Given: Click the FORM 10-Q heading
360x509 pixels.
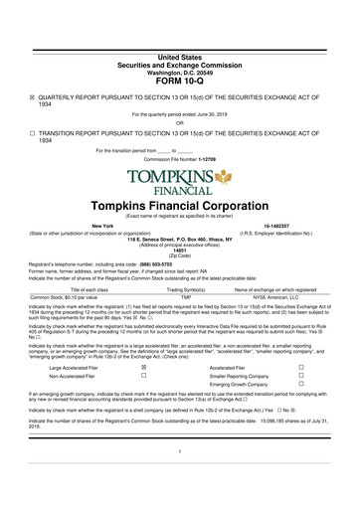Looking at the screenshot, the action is click(179, 78).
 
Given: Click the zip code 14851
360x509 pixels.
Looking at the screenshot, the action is click(179, 250).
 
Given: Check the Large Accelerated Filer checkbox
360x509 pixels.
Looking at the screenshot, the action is click(144, 366).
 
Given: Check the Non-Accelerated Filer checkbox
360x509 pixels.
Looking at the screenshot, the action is click(144, 377).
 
